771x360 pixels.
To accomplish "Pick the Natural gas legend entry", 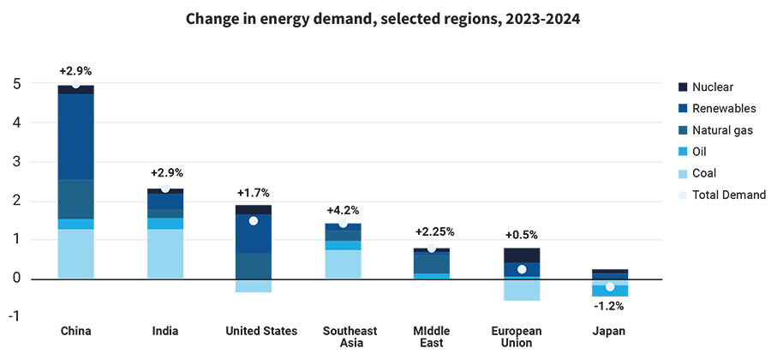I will coord(721,129).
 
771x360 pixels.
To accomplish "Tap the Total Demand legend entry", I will coord(727,195).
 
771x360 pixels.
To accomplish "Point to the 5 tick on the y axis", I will coord(17,84).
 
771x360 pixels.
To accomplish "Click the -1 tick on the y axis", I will coord(15,317).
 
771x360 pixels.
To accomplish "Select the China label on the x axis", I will coord(76,331).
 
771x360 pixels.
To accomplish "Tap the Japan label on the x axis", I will coord(609,331).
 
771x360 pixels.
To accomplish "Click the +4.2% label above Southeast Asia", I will coord(343,210).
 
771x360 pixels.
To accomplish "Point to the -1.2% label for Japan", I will coord(609,304).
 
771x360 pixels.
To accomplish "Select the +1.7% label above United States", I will coord(254,193).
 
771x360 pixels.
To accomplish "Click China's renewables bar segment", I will coord(76,137).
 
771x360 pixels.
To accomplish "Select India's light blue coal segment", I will coord(165,254).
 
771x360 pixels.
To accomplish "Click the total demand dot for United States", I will coord(254,221).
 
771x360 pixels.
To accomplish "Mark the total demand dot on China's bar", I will coord(76,84).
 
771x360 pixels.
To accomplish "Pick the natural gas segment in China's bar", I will coord(76,199).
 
